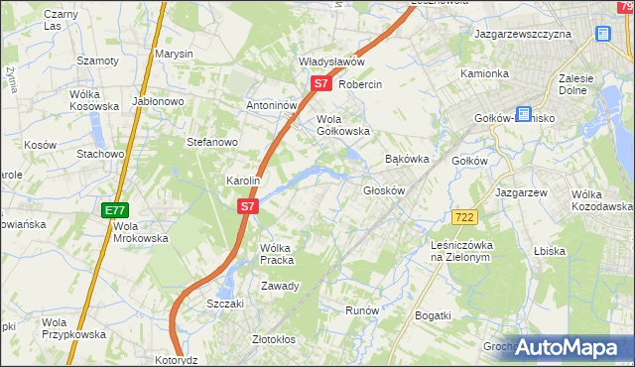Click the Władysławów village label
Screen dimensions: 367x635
332,61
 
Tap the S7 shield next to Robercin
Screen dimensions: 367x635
319,84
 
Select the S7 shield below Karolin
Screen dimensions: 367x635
248,207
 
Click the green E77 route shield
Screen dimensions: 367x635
114,210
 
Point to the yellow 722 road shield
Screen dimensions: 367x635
463,216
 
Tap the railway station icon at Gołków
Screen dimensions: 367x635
522,115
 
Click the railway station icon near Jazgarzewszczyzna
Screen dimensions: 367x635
602,33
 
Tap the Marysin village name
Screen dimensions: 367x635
174,54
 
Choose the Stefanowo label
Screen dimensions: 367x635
212,142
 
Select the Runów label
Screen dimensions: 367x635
362,310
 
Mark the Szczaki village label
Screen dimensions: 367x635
225,304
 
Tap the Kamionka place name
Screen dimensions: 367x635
484,74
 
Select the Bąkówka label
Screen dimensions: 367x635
406,159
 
